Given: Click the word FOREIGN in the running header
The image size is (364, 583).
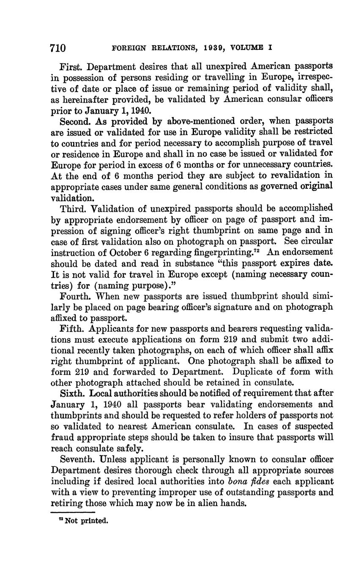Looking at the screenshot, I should pyautogui.click(x=128, y=48).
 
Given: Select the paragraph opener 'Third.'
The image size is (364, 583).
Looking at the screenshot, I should pyautogui.click(x=74, y=209).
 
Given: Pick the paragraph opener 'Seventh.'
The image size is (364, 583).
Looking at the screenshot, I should pyautogui.click(x=79, y=459).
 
